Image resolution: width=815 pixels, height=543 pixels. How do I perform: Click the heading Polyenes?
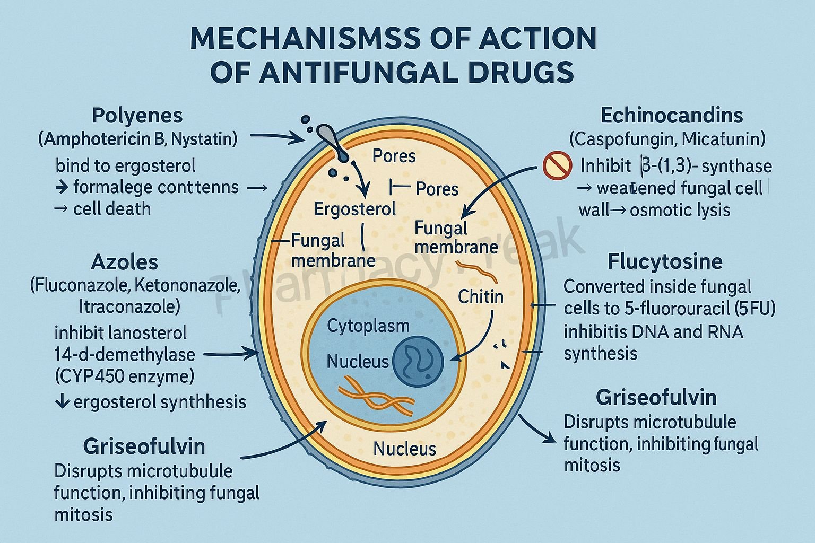137,116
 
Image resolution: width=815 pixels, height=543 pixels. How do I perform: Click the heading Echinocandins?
671,116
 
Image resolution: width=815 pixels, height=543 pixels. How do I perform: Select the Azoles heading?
124,262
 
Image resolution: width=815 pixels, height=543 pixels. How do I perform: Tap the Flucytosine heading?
664,261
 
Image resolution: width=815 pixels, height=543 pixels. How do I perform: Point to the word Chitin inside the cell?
480,296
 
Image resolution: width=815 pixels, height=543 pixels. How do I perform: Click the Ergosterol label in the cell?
354,208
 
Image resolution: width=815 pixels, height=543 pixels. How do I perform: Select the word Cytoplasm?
368,326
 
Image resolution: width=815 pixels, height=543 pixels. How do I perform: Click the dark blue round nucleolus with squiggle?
419,362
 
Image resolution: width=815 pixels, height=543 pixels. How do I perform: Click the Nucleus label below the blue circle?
404,449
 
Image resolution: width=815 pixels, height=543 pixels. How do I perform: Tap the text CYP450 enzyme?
124,376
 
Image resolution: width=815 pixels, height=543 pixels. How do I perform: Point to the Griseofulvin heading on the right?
656,397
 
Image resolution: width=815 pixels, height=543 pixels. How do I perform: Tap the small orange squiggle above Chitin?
478,270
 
